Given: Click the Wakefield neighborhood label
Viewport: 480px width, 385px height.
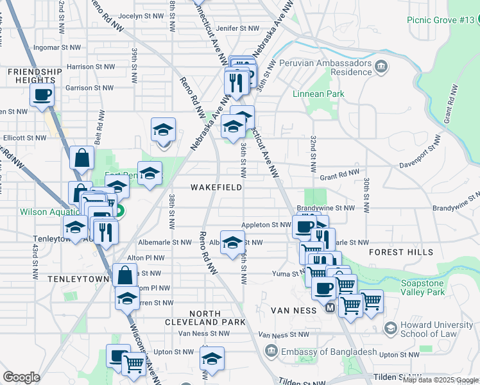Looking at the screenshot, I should [x=216, y=187].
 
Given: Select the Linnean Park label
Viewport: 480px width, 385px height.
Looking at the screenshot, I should [x=318, y=94].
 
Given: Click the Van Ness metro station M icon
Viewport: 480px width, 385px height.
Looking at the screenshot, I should [x=330, y=308].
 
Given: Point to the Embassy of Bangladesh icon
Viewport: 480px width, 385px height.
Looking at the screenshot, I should [x=271, y=352].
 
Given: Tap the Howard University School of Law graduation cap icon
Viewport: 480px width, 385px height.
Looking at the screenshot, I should [x=390, y=329].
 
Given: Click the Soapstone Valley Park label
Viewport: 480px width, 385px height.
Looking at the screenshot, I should [x=422, y=287].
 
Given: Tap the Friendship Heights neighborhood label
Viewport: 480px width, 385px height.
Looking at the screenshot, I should [x=35, y=76].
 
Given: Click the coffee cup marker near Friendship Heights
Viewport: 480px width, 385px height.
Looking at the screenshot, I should [x=42, y=96].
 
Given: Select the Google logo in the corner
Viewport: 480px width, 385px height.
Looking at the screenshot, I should [x=21, y=377].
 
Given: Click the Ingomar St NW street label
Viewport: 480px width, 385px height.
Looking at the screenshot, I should [x=58, y=47].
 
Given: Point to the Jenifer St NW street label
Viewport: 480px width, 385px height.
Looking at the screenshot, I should [x=238, y=28].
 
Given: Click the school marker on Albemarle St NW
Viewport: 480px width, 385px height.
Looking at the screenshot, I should [x=232, y=242].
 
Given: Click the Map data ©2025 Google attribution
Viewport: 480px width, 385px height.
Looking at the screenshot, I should [x=440, y=380].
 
